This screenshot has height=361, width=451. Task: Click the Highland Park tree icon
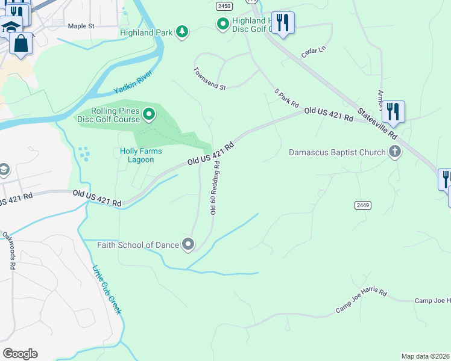pos(181,32)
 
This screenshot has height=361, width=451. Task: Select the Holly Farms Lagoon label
pos(136,155)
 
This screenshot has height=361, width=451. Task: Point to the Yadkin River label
pos(133,83)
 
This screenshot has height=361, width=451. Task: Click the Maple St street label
pos(81,26)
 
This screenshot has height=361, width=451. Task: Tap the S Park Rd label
pos(286,98)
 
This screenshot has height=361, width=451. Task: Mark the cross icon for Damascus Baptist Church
pos(395,152)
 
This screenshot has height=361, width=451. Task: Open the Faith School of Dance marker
pos(189,244)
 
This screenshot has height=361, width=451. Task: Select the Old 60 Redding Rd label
pos(213,191)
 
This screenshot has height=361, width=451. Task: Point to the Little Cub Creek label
pos(107,290)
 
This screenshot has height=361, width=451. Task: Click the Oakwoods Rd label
pos(8,249)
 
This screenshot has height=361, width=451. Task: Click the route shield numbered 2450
pos(224,5)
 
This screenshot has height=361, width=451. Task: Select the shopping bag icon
pos(21,44)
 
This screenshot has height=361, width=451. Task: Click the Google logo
pos(20,353)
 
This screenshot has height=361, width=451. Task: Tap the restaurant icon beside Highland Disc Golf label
pos(283,23)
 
